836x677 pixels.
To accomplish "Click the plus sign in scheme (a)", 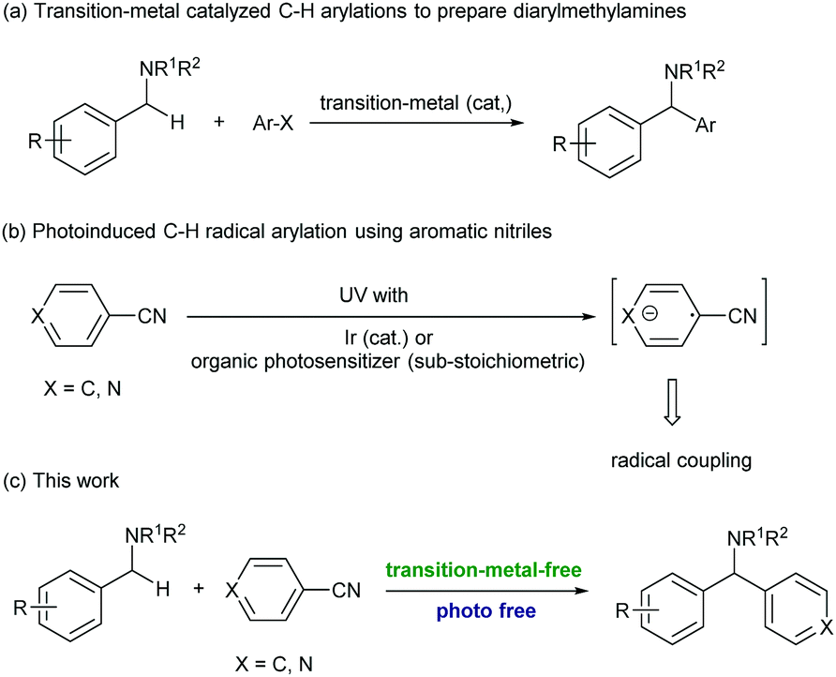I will coord(219,124).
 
